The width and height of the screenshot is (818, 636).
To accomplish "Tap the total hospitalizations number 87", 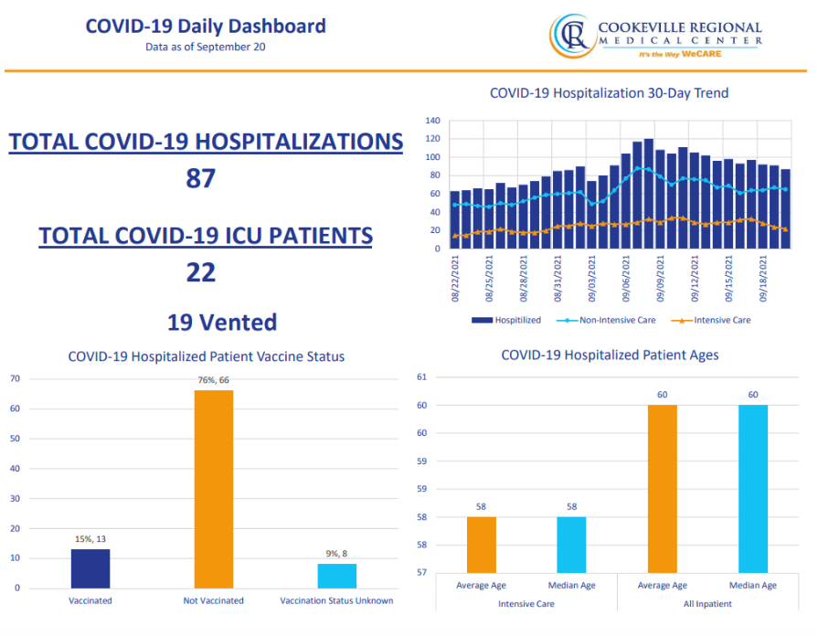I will click(x=201, y=177).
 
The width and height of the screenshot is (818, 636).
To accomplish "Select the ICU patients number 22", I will click(x=201, y=271).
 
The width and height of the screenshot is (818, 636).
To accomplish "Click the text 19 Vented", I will click(x=221, y=322).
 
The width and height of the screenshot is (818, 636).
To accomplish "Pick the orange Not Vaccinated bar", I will click(x=214, y=489).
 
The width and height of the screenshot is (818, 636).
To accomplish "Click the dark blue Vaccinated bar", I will click(x=90, y=568).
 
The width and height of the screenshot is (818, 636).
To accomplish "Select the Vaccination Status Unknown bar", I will click(x=337, y=576).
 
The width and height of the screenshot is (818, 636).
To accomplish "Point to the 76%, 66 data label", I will click(x=214, y=380).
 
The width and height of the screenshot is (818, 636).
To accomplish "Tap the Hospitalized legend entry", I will click(x=507, y=320).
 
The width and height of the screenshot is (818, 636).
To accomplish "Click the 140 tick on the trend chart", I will click(x=433, y=121).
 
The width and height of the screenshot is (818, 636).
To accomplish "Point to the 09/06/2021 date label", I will click(x=627, y=280).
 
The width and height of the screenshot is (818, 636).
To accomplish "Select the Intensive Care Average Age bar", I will click(x=481, y=545).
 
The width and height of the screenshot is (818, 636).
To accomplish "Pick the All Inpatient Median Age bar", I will click(x=753, y=489).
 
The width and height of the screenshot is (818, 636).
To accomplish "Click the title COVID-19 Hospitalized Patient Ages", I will click(x=610, y=355).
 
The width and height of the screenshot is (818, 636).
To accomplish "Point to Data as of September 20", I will click(x=206, y=47).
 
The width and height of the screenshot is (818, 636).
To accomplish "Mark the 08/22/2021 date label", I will click(x=455, y=280).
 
